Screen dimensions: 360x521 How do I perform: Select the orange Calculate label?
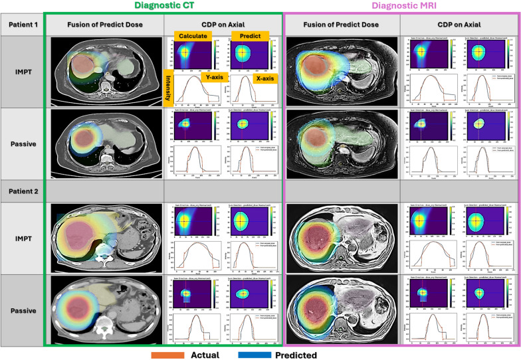point(192,36)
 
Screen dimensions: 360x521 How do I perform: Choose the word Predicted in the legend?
point(297,355)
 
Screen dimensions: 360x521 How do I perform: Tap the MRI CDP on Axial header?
point(459,25)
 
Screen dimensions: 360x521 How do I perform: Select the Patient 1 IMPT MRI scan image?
point(342,72)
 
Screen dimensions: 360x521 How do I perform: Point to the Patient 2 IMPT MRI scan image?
point(342,237)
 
